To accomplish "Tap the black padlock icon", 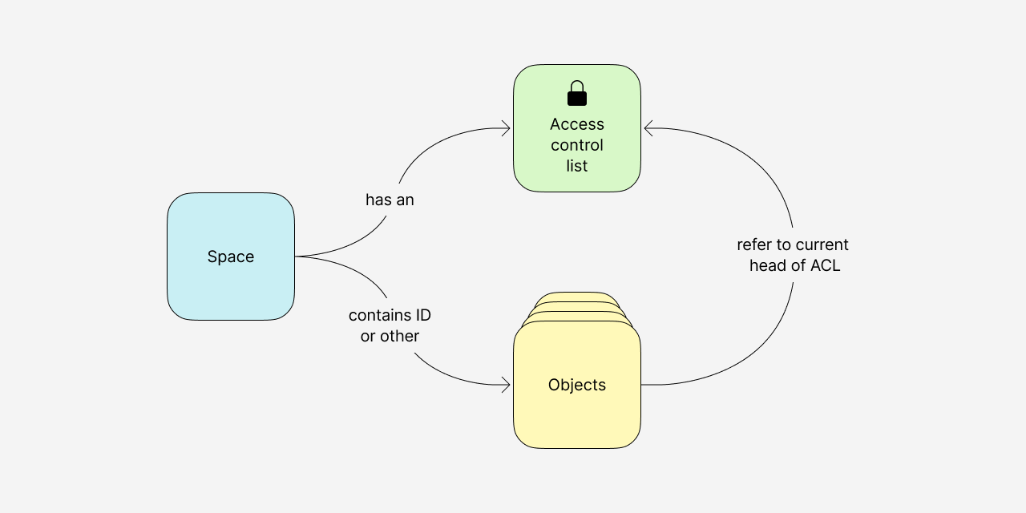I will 577,94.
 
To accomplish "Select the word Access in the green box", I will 577,124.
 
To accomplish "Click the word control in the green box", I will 577,145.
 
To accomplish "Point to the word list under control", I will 577,166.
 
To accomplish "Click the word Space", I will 231,256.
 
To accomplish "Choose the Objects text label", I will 577,385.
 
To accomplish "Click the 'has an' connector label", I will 390,200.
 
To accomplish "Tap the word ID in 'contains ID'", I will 423,315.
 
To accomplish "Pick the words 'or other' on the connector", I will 390,336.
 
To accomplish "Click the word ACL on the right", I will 825,265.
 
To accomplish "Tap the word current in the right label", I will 822,244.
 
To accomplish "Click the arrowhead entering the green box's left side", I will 507,128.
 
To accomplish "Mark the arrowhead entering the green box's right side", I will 648,128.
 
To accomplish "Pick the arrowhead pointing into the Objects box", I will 507,385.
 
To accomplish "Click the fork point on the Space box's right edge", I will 296,256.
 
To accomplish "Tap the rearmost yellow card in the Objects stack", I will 577,296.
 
